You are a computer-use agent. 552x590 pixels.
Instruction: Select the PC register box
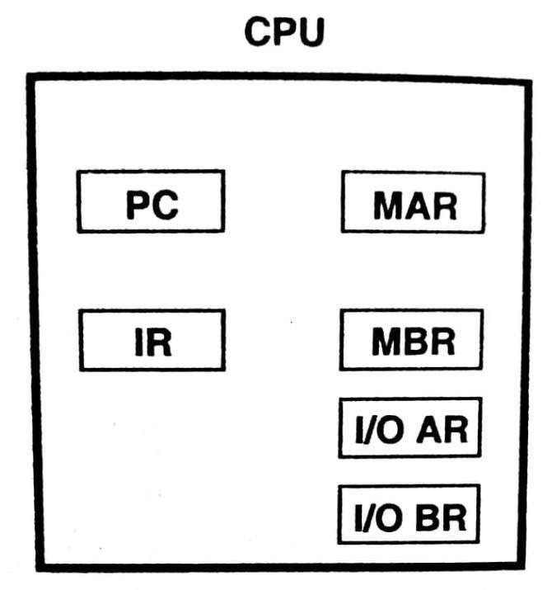click(x=151, y=201)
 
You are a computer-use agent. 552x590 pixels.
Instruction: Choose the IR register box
click(x=152, y=340)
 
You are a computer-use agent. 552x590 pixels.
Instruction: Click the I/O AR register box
click(x=409, y=427)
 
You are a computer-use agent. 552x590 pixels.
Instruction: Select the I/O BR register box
click(x=409, y=514)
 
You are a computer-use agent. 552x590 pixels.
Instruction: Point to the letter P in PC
click(x=138, y=205)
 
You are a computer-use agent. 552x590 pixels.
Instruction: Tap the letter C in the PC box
click(x=165, y=205)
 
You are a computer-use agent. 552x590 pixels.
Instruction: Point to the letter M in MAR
click(x=389, y=205)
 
